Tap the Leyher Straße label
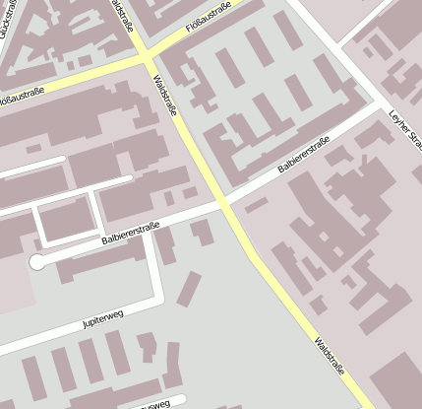404,127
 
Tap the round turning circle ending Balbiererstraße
37,262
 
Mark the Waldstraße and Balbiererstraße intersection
224,205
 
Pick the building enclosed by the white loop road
65,221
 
